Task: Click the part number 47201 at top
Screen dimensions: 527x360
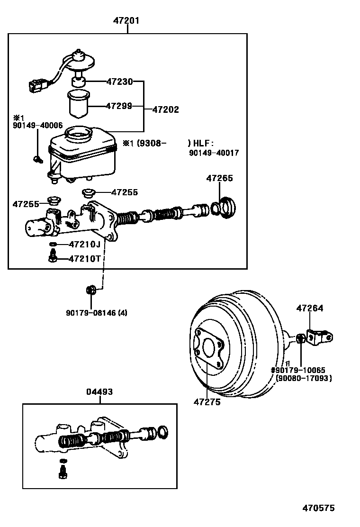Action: point(126,21)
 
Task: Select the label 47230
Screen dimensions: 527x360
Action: point(119,82)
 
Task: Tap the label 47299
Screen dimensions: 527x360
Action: point(119,106)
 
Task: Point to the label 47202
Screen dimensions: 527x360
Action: point(166,109)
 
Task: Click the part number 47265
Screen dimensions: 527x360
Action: point(219,178)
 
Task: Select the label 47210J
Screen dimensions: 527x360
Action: point(84,245)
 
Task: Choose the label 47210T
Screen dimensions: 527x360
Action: point(84,259)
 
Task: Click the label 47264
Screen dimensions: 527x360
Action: point(310,308)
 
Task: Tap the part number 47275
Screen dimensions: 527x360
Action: point(207,402)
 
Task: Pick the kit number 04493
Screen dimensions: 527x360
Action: point(99,392)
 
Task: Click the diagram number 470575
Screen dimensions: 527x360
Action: point(318,508)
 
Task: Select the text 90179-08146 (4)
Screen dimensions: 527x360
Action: point(97,313)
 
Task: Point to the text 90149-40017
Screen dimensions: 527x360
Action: point(214,153)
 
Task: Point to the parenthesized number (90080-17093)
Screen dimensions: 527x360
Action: point(304,378)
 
